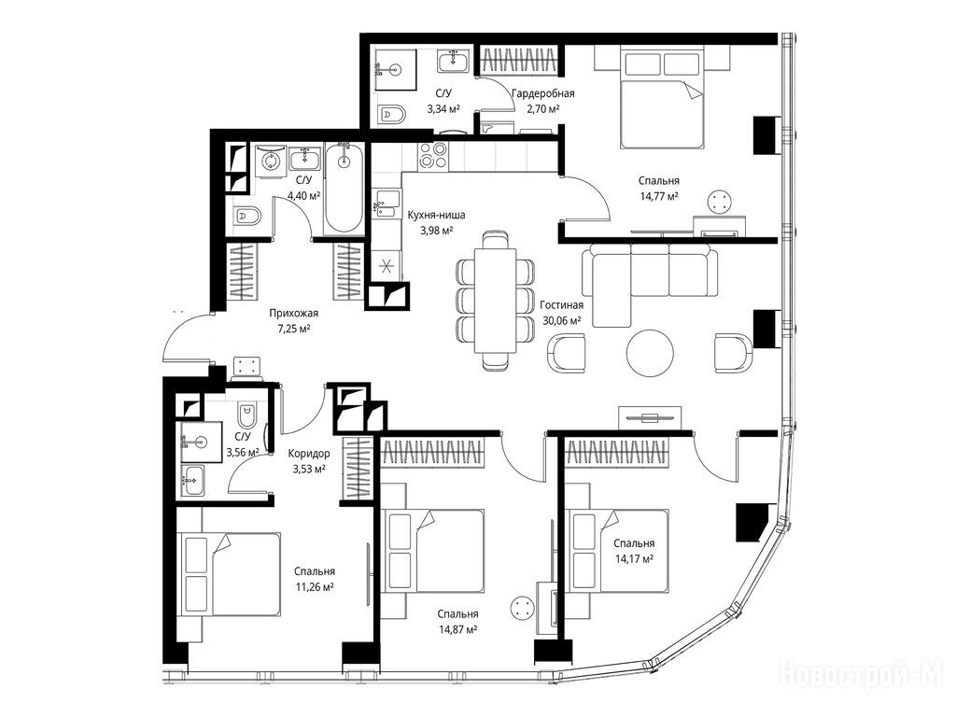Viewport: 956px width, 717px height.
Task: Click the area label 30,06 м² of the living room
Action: click(561, 321)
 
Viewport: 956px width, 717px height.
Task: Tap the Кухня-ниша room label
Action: click(436, 215)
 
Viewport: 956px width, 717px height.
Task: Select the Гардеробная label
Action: click(543, 93)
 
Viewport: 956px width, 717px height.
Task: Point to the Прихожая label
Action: click(294, 314)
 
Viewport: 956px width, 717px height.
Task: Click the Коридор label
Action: click(308, 453)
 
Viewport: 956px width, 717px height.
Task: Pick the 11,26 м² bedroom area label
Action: click(315, 587)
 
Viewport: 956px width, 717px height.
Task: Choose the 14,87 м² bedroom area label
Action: click(457, 630)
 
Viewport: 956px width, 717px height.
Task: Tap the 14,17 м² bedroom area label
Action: click(634, 558)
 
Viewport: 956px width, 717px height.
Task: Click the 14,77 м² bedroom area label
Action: click(659, 196)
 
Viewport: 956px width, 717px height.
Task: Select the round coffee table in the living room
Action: click(650, 352)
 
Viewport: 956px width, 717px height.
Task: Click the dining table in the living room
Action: click(495, 300)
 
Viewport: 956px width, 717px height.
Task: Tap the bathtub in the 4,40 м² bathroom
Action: click(344, 187)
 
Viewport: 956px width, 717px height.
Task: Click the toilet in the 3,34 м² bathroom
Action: click(392, 114)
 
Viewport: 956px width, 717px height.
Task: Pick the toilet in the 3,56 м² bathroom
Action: click(246, 415)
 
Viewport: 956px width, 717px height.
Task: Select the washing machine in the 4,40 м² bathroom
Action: click(270, 161)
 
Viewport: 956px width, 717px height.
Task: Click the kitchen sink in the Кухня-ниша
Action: click(387, 204)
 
